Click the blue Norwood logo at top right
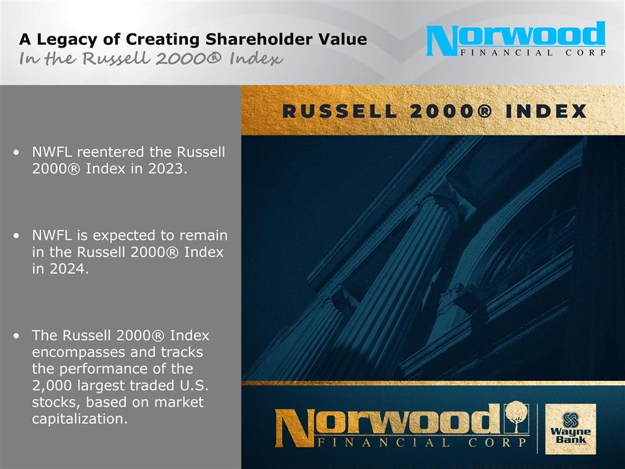click(516, 39)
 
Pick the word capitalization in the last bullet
click(79, 419)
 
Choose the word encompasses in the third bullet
click(75, 352)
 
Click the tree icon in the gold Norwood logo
click(516, 416)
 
